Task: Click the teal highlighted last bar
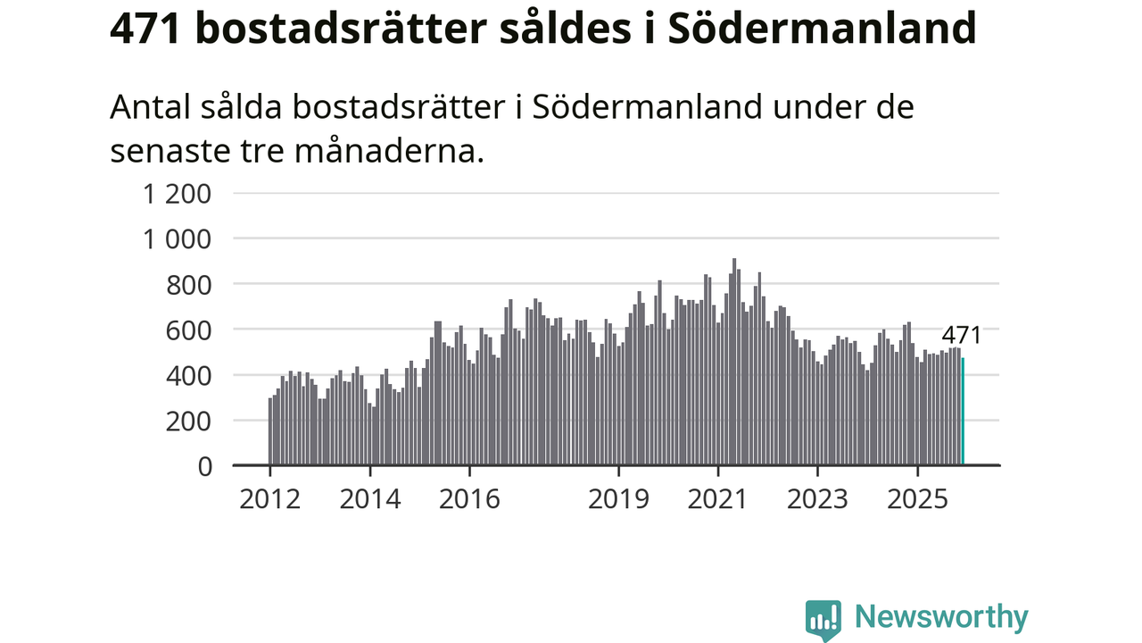(963, 412)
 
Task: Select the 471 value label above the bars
(962, 336)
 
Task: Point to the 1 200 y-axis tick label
(178, 194)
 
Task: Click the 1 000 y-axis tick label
(178, 239)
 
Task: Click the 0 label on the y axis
(204, 466)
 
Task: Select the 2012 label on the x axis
(269, 498)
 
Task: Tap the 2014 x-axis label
(369, 498)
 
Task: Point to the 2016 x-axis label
(469, 498)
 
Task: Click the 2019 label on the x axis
(619, 498)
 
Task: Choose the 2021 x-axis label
(718, 498)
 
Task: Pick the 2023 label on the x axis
(818, 498)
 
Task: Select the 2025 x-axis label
(918, 498)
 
